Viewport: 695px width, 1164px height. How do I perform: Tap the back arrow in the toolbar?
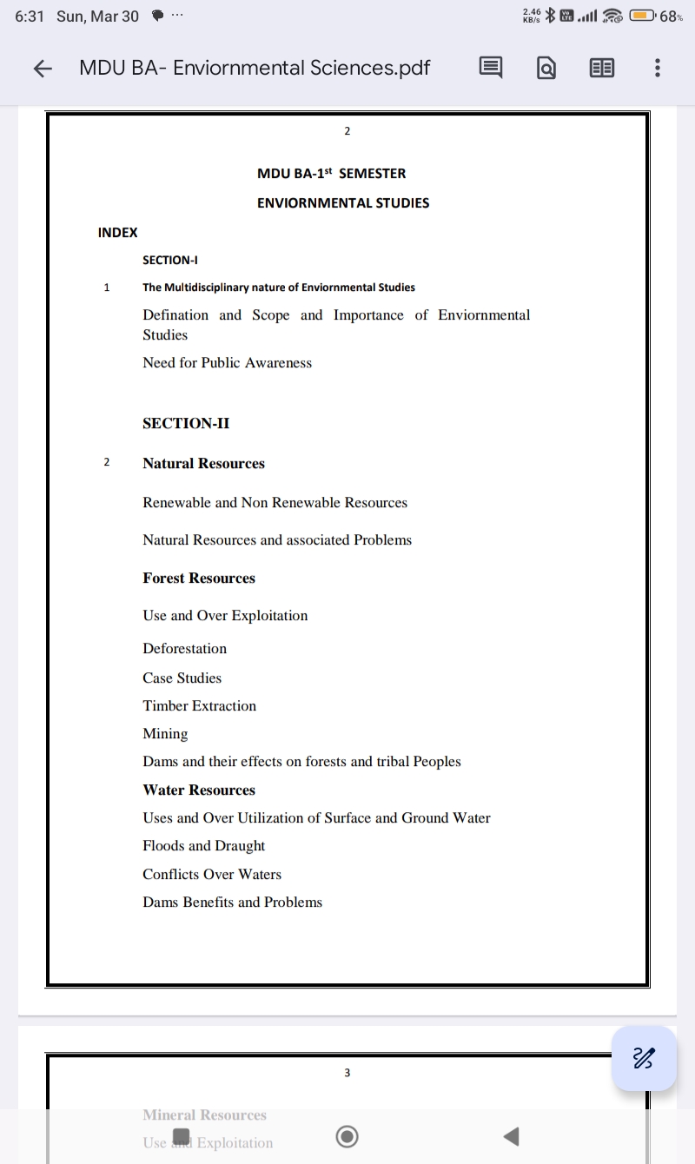tap(43, 69)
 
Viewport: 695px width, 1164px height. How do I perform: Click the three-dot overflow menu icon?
tap(658, 68)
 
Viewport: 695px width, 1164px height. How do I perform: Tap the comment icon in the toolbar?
tap(491, 68)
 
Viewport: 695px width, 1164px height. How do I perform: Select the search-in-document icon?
tap(546, 68)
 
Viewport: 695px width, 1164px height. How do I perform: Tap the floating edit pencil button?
tap(644, 1058)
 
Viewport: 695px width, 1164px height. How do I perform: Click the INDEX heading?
tap(117, 232)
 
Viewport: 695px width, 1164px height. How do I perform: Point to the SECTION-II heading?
tap(186, 423)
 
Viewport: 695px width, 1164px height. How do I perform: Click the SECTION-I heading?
tap(170, 260)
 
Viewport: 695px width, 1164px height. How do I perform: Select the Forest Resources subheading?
tap(199, 579)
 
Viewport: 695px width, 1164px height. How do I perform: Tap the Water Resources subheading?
tap(199, 790)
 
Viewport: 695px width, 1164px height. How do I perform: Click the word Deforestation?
tap(184, 649)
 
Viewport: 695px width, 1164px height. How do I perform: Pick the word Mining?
tap(165, 734)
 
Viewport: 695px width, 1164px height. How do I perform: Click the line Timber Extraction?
tap(199, 706)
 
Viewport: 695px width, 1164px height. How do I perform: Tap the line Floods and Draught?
tap(203, 846)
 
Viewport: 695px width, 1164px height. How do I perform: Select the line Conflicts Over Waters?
tap(212, 875)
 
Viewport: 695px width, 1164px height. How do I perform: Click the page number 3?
tap(347, 1073)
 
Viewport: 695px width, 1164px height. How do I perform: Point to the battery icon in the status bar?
tap(643, 16)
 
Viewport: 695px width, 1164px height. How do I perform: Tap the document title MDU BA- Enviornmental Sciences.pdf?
tap(255, 68)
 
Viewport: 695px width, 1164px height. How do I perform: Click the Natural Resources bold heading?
tap(203, 464)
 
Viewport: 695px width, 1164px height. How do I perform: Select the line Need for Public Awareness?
tap(227, 363)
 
